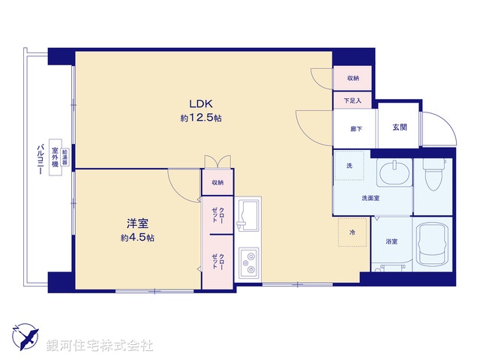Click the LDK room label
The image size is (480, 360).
click(x=200, y=104)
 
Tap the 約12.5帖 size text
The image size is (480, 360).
click(x=200, y=118)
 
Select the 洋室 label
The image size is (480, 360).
click(x=136, y=223)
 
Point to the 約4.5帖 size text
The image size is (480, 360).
click(x=136, y=238)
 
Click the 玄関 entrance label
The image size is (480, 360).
click(x=399, y=127)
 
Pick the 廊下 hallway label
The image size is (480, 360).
click(x=356, y=129)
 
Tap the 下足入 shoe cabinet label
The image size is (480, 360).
click(x=352, y=100)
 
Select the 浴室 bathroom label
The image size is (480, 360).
click(x=391, y=241)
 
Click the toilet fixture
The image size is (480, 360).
click(x=434, y=173)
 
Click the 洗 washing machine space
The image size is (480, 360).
click(x=349, y=166)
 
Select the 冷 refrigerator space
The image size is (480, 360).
click(x=352, y=232)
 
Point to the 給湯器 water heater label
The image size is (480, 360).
click(x=67, y=158)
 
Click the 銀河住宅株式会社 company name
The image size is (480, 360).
click(x=100, y=346)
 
